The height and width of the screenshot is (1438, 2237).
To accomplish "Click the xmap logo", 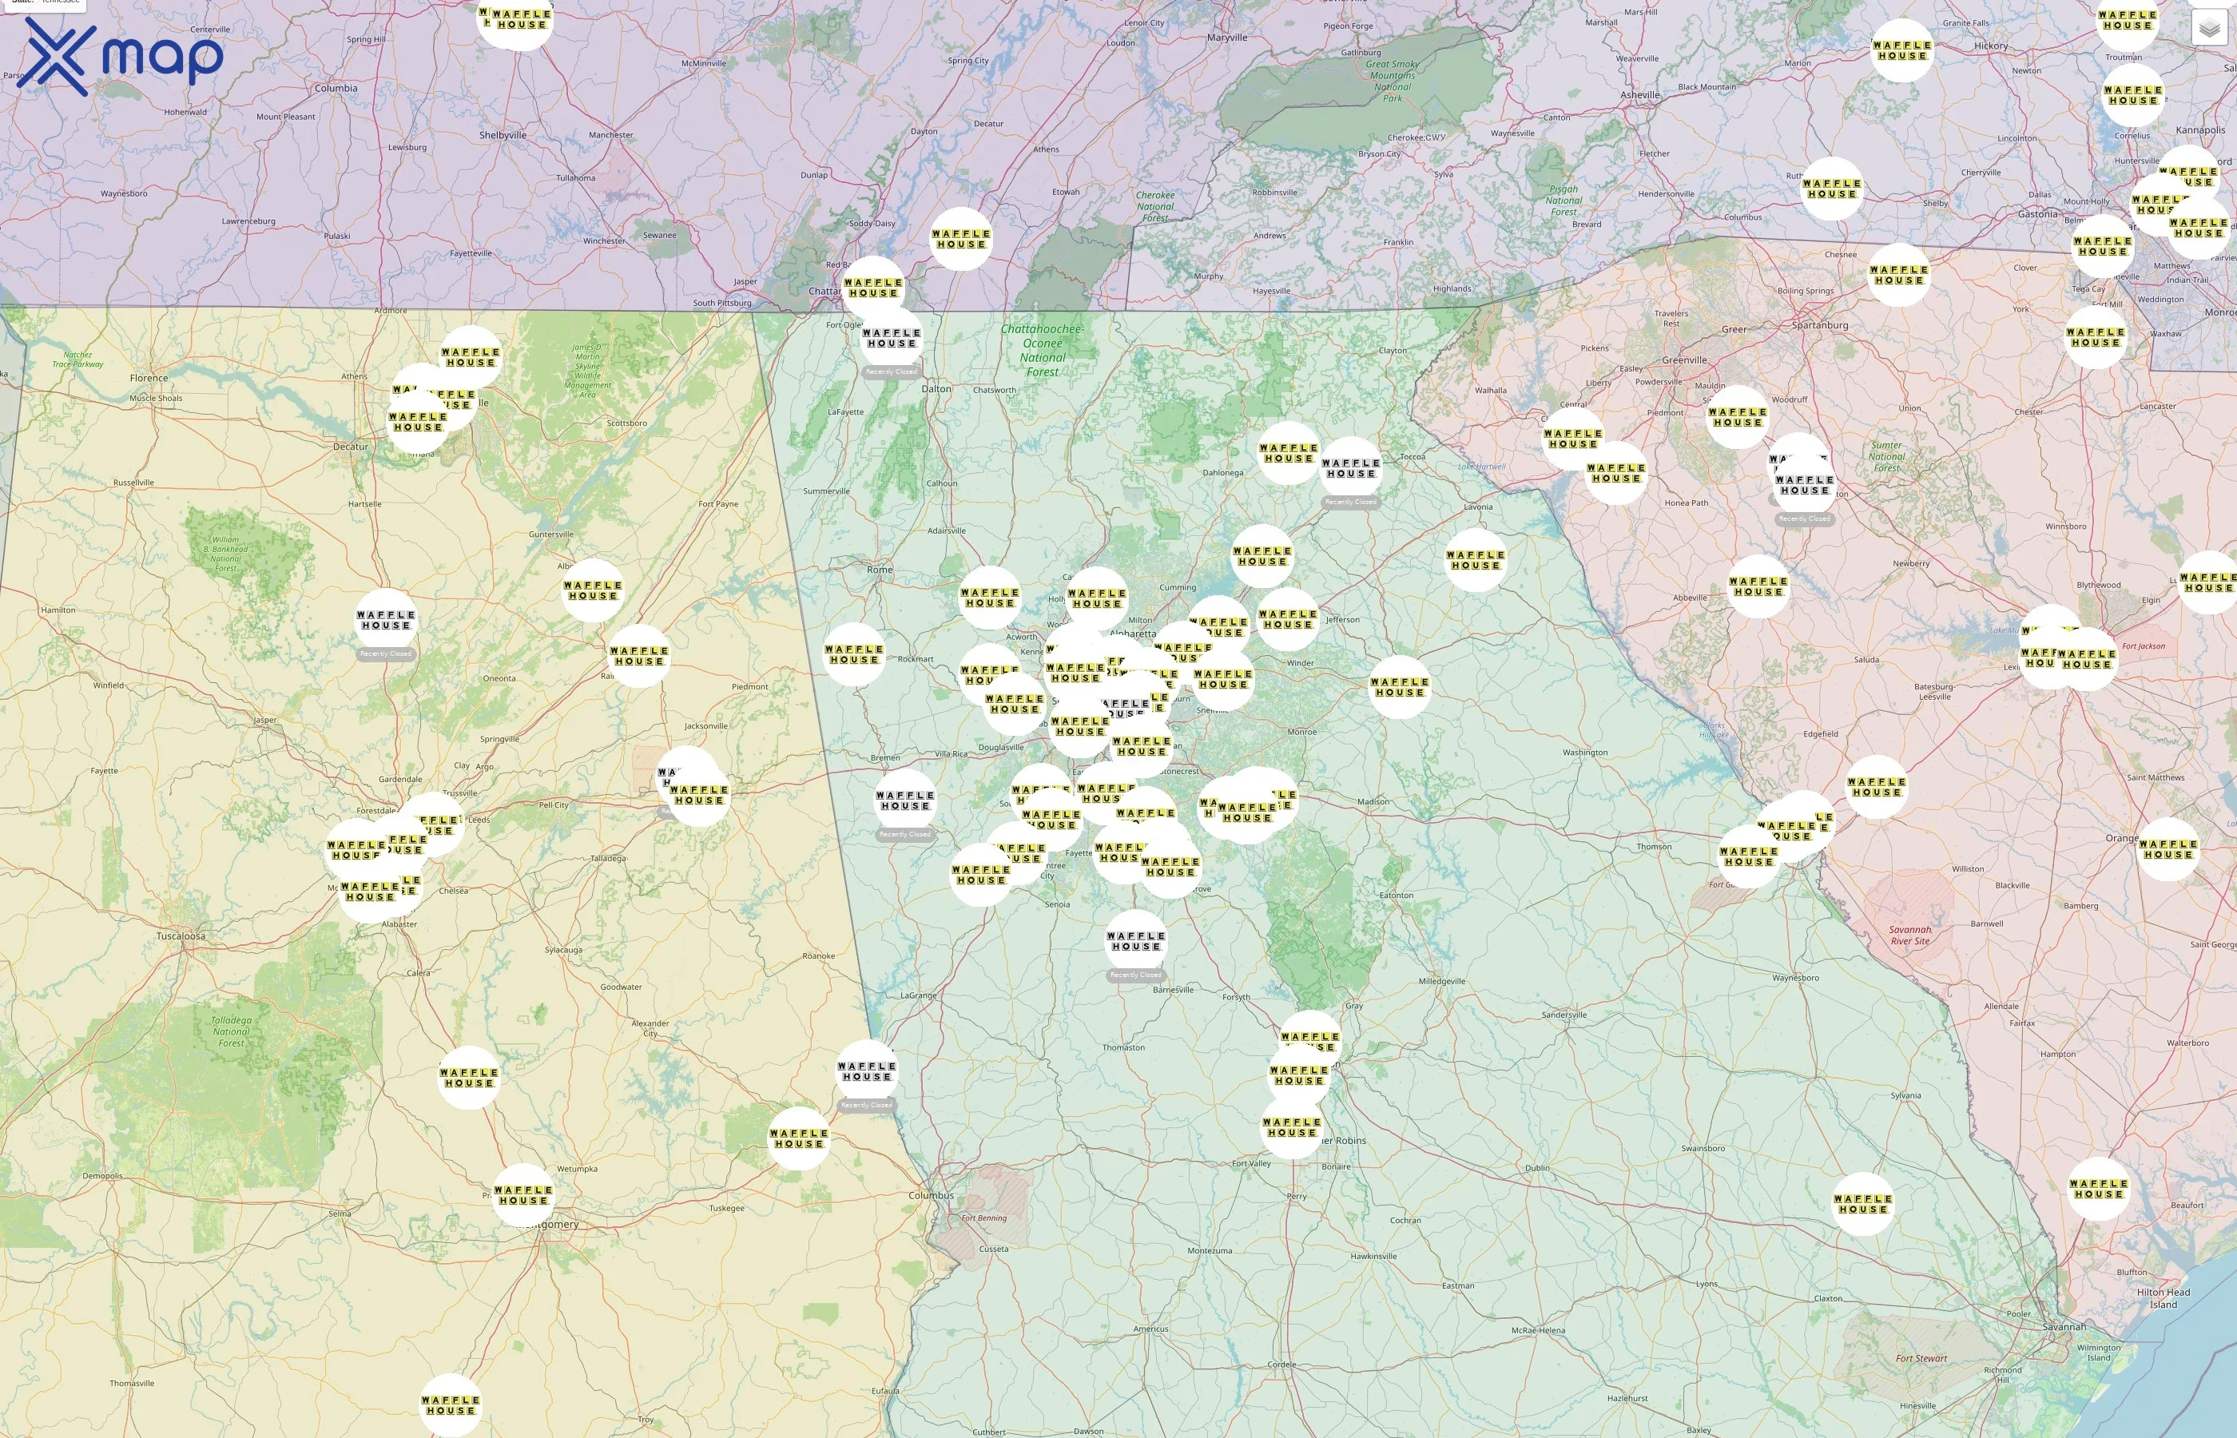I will click(120, 56).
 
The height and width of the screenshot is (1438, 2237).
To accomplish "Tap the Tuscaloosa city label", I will click(181, 935).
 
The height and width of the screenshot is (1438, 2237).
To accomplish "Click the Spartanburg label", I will click(1820, 325).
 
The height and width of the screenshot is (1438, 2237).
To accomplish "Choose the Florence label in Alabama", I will click(149, 378).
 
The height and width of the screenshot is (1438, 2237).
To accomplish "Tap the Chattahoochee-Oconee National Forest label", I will click(1042, 350).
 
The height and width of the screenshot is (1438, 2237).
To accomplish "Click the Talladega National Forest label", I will click(231, 1032).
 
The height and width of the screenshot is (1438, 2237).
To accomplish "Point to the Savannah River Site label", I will click(1909, 935).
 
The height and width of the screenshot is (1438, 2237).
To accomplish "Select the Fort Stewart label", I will click(1921, 1359).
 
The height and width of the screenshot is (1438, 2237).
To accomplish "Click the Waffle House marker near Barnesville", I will click(1135, 941).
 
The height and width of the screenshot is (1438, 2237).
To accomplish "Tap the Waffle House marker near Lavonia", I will click(1475, 560).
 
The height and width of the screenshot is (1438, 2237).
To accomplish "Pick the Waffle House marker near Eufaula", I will click(451, 1405).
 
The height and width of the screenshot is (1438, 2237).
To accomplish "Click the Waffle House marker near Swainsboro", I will click(1862, 1204).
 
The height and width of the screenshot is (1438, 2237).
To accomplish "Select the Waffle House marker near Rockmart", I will click(854, 654).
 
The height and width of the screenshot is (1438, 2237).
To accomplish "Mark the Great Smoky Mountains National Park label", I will click(1392, 81).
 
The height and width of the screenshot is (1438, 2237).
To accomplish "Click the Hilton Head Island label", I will click(2163, 1298).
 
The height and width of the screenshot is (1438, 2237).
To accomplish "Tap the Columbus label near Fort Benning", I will click(931, 1195).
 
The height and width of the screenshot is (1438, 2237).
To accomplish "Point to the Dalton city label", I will click(936, 388).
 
